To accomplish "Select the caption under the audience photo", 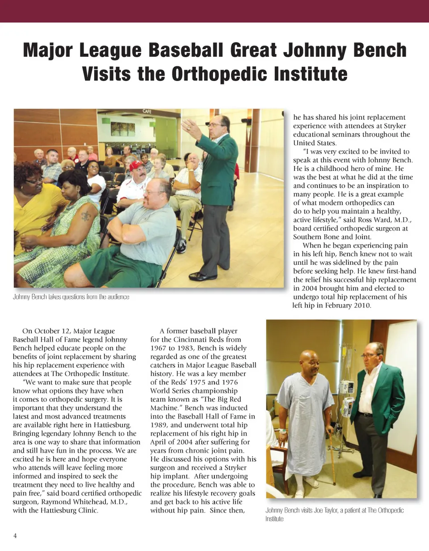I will (x=71, y=297).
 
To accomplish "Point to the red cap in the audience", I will (x=136, y=165).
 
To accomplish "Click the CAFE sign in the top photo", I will (x=147, y=111).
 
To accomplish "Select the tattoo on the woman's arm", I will (x=85, y=216).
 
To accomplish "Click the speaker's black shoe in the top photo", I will (x=202, y=276).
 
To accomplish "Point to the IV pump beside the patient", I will (x=347, y=394).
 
